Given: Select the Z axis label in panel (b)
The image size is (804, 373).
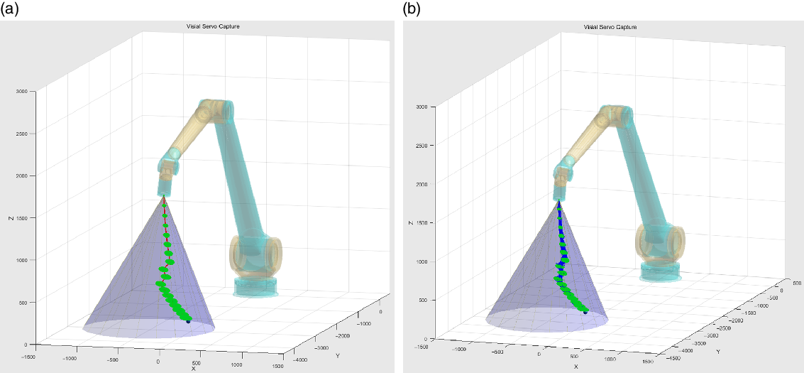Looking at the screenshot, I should (x=412, y=222).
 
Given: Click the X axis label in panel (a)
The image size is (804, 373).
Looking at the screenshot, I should (x=194, y=368).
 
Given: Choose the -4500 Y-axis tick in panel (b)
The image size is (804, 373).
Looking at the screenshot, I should (x=674, y=358).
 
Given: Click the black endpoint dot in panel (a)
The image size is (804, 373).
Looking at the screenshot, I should (x=188, y=321).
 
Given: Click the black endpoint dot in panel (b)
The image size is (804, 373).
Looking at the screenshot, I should (x=585, y=311).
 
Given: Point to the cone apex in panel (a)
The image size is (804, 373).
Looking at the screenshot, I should (x=164, y=195).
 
